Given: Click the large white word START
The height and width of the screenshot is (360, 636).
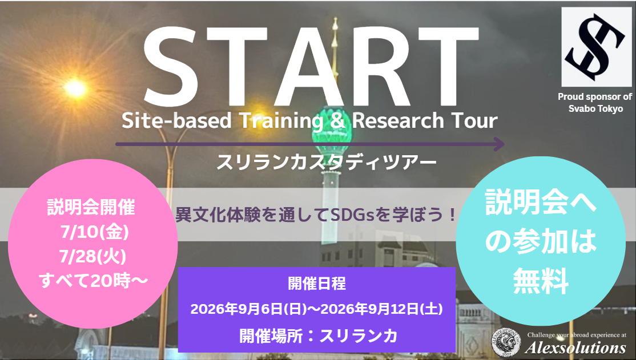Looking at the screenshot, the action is pos(311,67).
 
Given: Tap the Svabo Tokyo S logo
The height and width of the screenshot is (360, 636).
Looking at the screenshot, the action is pos(596,47).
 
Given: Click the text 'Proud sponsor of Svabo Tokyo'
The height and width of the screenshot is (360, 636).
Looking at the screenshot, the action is pos(595,103).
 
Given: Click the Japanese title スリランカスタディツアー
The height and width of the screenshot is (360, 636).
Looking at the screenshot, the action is pos(327,162).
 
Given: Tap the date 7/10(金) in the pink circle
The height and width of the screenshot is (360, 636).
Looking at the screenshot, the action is pos(95,232).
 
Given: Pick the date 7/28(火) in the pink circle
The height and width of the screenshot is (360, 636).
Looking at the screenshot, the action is pos(93,257).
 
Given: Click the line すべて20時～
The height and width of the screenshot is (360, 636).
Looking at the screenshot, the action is pos(93,281).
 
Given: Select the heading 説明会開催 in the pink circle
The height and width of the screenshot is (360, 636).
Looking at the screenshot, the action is pos(91,208).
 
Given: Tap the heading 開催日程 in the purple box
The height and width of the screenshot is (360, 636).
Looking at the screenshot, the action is pos(317,284).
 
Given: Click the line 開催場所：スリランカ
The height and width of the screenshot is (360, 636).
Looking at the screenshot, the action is pos(318,335).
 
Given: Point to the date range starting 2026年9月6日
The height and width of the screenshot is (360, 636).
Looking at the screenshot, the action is pos(317,309).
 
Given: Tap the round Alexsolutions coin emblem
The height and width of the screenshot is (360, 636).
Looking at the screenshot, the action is pos(506,342).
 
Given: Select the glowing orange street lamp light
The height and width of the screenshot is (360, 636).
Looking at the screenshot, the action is pos(75,88).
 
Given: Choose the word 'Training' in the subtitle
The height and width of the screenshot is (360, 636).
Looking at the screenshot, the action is pos(281,121).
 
